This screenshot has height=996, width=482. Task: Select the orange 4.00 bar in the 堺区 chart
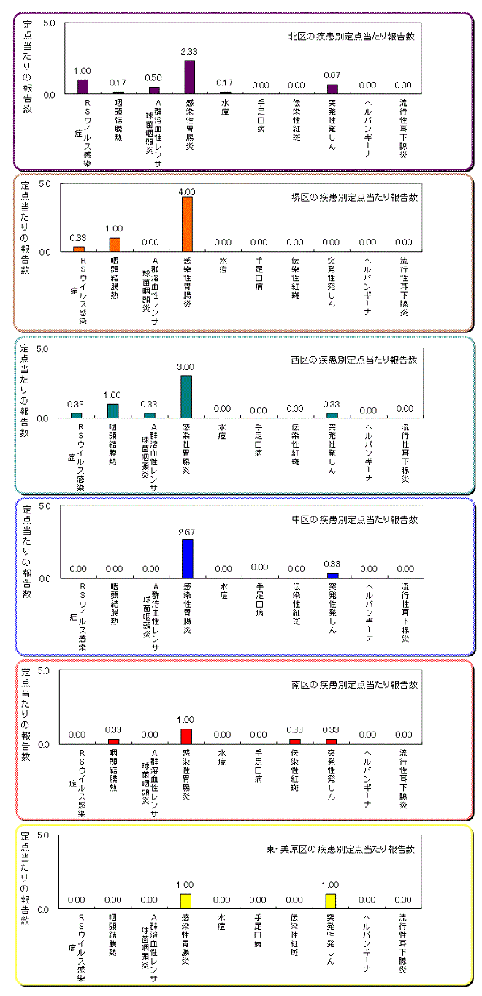click(x=187, y=224)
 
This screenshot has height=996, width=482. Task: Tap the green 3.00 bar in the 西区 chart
click(x=186, y=397)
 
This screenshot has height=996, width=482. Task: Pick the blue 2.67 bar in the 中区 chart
click(x=187, y=559)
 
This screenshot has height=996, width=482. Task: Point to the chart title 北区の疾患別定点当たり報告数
click(x=352, y=36)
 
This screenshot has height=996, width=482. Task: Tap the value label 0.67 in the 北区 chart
click(x=332, y=75)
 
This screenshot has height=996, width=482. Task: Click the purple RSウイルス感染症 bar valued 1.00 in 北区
click(x=83, y=87)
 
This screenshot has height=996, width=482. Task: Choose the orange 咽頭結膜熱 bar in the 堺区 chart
click(x=115, y=245)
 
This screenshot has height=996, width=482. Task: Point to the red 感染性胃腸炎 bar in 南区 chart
click(x=187, y=736)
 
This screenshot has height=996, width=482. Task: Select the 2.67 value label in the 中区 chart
click(x=187, y=531)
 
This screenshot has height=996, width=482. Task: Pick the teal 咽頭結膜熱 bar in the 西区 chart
click(x=113, y=410)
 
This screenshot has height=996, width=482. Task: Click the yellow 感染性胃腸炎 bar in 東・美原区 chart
click(x=185, y=901)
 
